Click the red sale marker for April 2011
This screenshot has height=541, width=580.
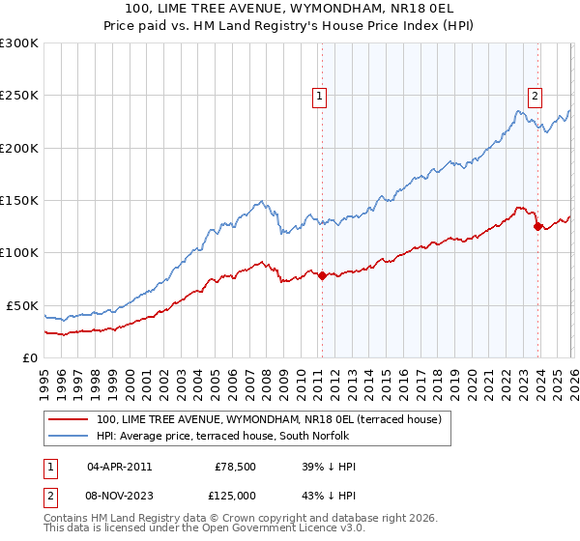point(322,275)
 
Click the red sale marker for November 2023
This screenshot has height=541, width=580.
point(538,227)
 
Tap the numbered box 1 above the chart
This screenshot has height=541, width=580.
point(319,95)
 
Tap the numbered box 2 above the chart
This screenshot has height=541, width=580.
point(535,95)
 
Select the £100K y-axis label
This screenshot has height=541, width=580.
point(19,252)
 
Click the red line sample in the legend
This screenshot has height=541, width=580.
point(70,419)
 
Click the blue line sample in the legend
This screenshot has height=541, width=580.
point(70,436)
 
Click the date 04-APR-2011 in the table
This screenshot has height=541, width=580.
point(118,467)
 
